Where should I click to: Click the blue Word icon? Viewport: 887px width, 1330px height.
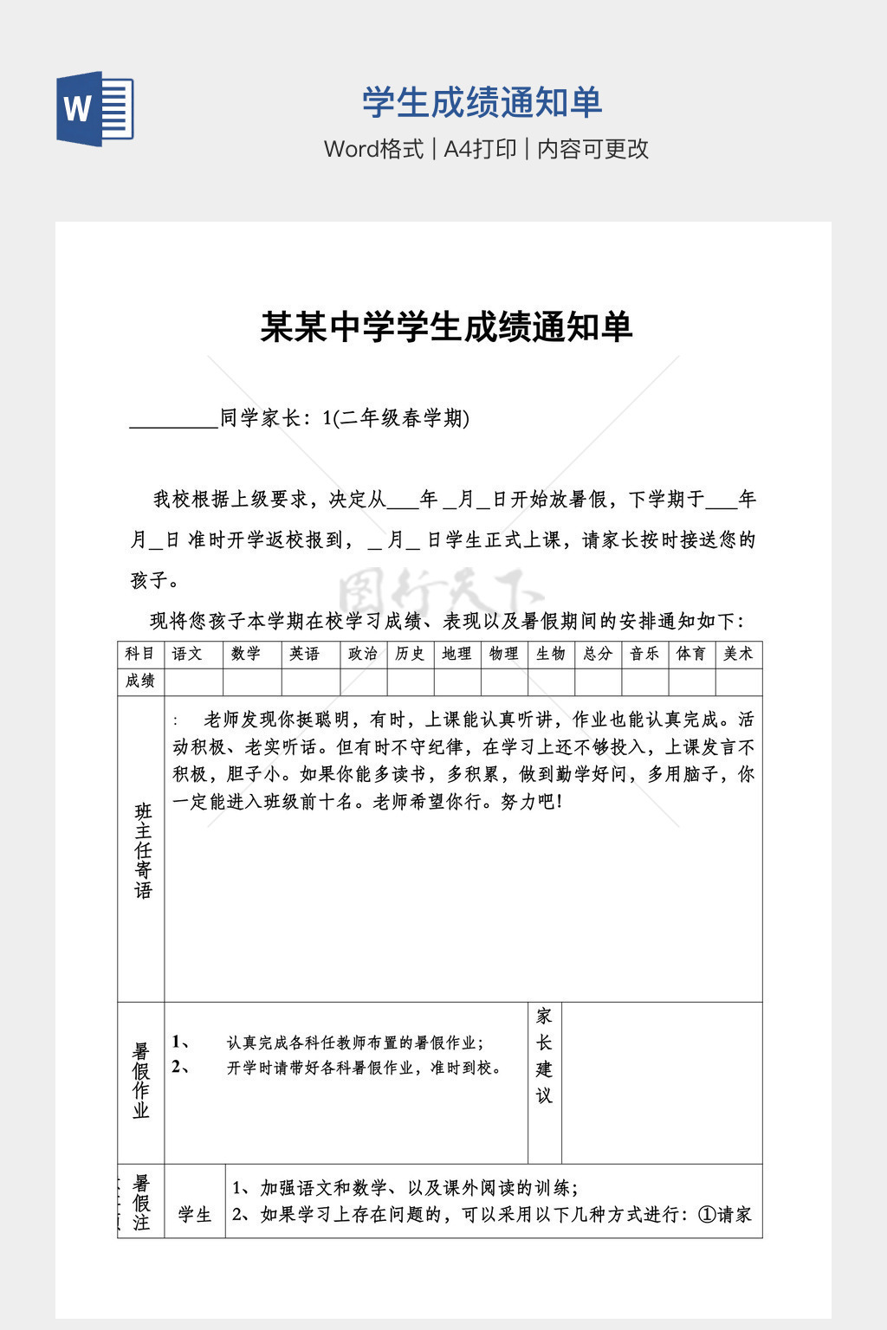coord(95,109)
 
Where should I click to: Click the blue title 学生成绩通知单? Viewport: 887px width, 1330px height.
coord(482,103)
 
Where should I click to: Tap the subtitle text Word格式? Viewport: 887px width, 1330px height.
coord(373,149)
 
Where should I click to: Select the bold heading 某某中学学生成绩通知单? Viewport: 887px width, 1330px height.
coord(447,327)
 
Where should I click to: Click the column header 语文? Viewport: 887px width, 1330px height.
coord(187,654)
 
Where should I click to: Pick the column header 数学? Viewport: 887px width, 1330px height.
coord(246,654)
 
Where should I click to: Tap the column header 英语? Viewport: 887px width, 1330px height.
coord(305,654)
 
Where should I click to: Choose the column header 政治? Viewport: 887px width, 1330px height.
coord(363,654)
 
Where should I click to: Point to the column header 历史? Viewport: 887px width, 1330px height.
coord(410,654)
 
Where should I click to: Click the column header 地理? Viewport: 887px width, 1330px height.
coord(456,654)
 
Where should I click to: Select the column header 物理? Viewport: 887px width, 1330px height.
coord(503,654)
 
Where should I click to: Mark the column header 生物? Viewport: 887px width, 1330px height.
coord(551,654)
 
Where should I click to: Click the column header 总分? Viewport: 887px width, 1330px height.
coord(598,654)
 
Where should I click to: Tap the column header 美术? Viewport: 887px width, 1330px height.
coord(738,654)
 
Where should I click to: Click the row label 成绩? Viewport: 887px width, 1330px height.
coord(140,681)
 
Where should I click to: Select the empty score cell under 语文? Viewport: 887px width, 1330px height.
coord(193,682)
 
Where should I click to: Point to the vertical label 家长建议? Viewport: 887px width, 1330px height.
coord(544,1056)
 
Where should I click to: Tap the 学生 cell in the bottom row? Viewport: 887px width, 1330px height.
coord(195,1215)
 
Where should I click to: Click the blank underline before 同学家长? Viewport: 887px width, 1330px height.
coord(173,420)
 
